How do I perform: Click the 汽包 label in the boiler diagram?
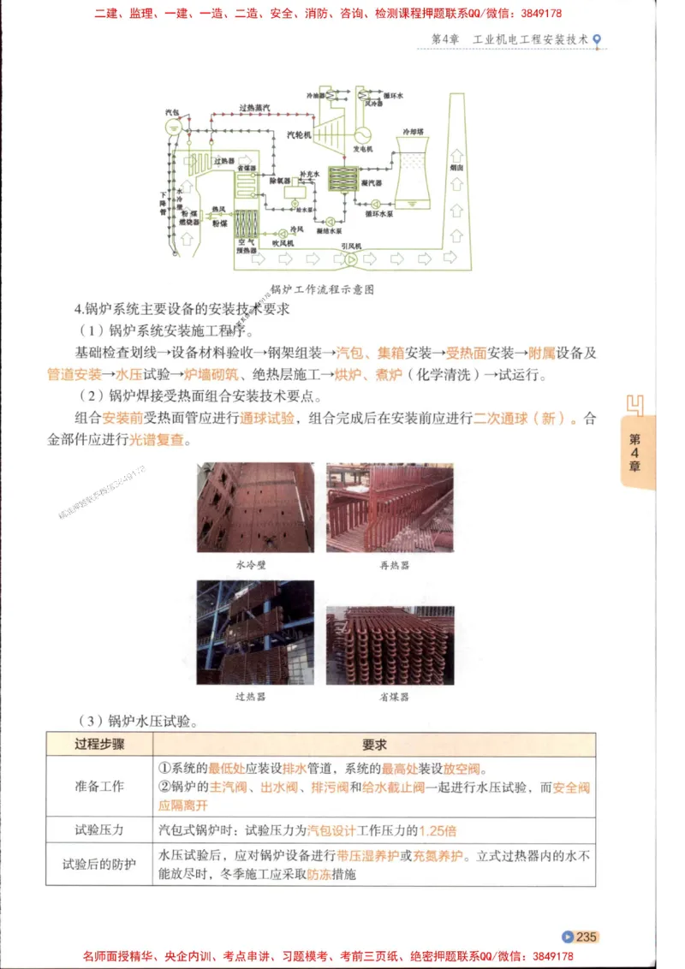coord(172,112)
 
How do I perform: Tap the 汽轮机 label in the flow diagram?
coord(299,135)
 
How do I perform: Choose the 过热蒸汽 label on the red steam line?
coord(255,108)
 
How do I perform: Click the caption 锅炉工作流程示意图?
coord(321,289)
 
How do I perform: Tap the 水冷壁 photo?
coord(254,508)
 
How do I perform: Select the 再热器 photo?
coord(390,508)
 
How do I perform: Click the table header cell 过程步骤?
coord(99,745)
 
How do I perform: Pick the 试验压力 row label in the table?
coord(99,829)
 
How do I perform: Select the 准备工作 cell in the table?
coord(99,786)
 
